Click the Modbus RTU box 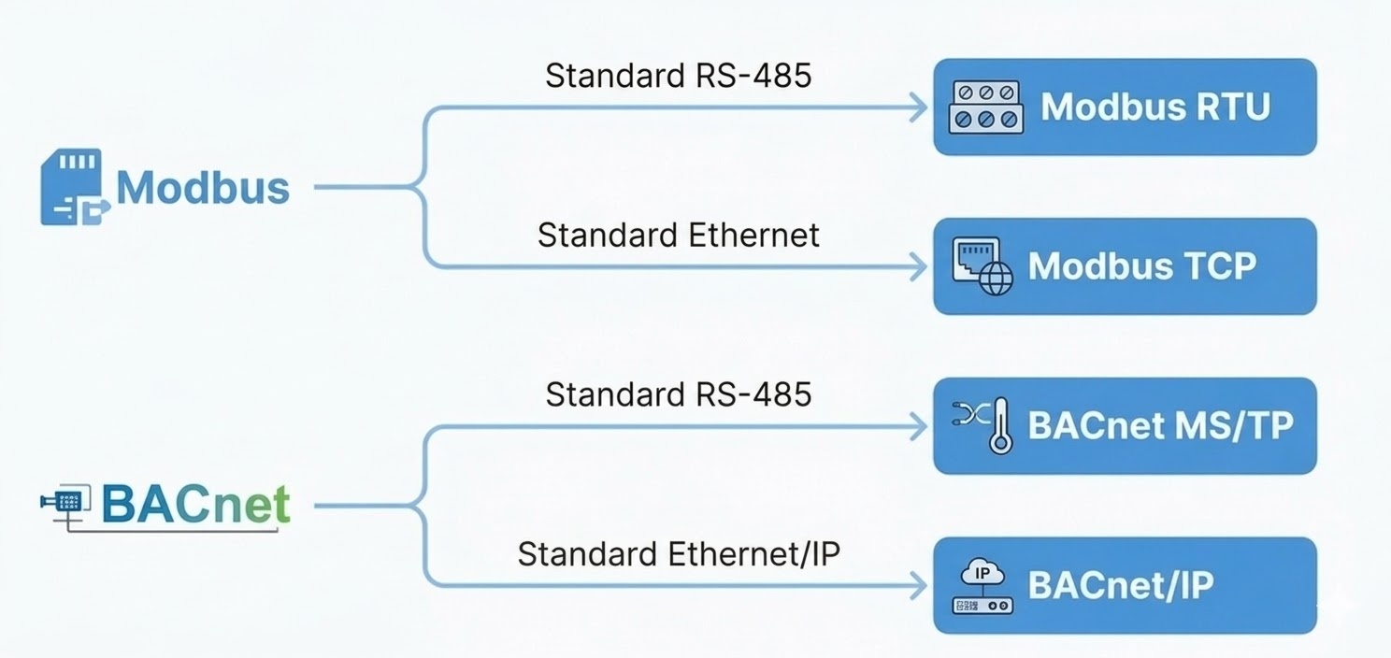tap(1125, 107)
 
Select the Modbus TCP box tap(1125, 266)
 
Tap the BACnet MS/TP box tap(1125, 426)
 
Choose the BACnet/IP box tap(1125, 586)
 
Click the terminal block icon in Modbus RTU tap(985, 107)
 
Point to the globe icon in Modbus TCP tap(996, 279)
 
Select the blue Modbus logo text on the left tap(203, 187)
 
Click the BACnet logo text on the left tap(195, 505)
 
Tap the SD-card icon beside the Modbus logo tap(72, 187)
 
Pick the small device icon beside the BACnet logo tap(65, 503)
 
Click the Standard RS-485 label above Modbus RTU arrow tap(678, 75)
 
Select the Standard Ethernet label tap(678, 235)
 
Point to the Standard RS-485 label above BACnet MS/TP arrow tap(678, 394)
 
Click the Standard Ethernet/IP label tap(678, 554)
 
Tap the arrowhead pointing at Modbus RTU tap(918, 107)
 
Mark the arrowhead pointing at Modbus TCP tap(918, 267)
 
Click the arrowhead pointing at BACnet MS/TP tap(918, 427)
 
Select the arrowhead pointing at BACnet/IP tap(918, 587)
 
